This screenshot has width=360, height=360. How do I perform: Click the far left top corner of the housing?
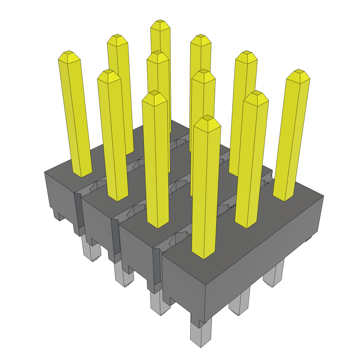45,172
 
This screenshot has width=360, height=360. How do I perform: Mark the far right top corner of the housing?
323,196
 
